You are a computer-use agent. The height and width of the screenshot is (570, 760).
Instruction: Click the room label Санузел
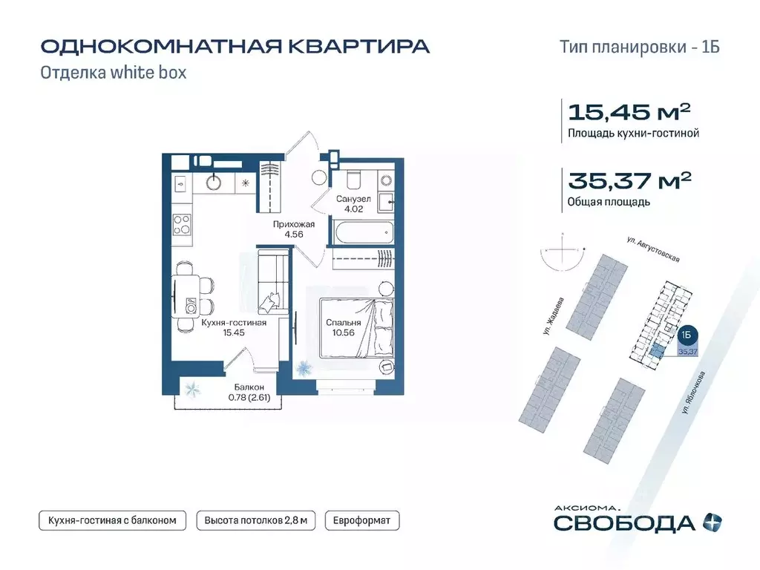coord(353,200)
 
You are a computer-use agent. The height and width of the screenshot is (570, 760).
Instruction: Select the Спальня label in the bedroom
coord(343,323)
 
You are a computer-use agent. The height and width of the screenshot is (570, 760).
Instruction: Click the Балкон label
coord(247,387)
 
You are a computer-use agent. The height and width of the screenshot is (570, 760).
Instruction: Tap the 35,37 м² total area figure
coord(629,180)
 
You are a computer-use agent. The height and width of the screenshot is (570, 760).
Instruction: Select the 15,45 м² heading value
coord(629,112)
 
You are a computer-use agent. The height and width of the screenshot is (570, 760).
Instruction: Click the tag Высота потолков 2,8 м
coord(255,520)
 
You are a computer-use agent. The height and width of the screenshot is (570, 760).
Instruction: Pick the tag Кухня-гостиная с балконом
coord(112,520)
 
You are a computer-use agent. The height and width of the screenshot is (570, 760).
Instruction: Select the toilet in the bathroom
coord(353,179)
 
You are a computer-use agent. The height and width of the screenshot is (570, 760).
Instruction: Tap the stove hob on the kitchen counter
coord(183,223)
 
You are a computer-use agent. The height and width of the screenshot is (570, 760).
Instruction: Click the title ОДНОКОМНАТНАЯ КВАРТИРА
coord(235,46)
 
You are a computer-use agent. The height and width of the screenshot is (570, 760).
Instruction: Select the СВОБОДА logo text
coord(624,522)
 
